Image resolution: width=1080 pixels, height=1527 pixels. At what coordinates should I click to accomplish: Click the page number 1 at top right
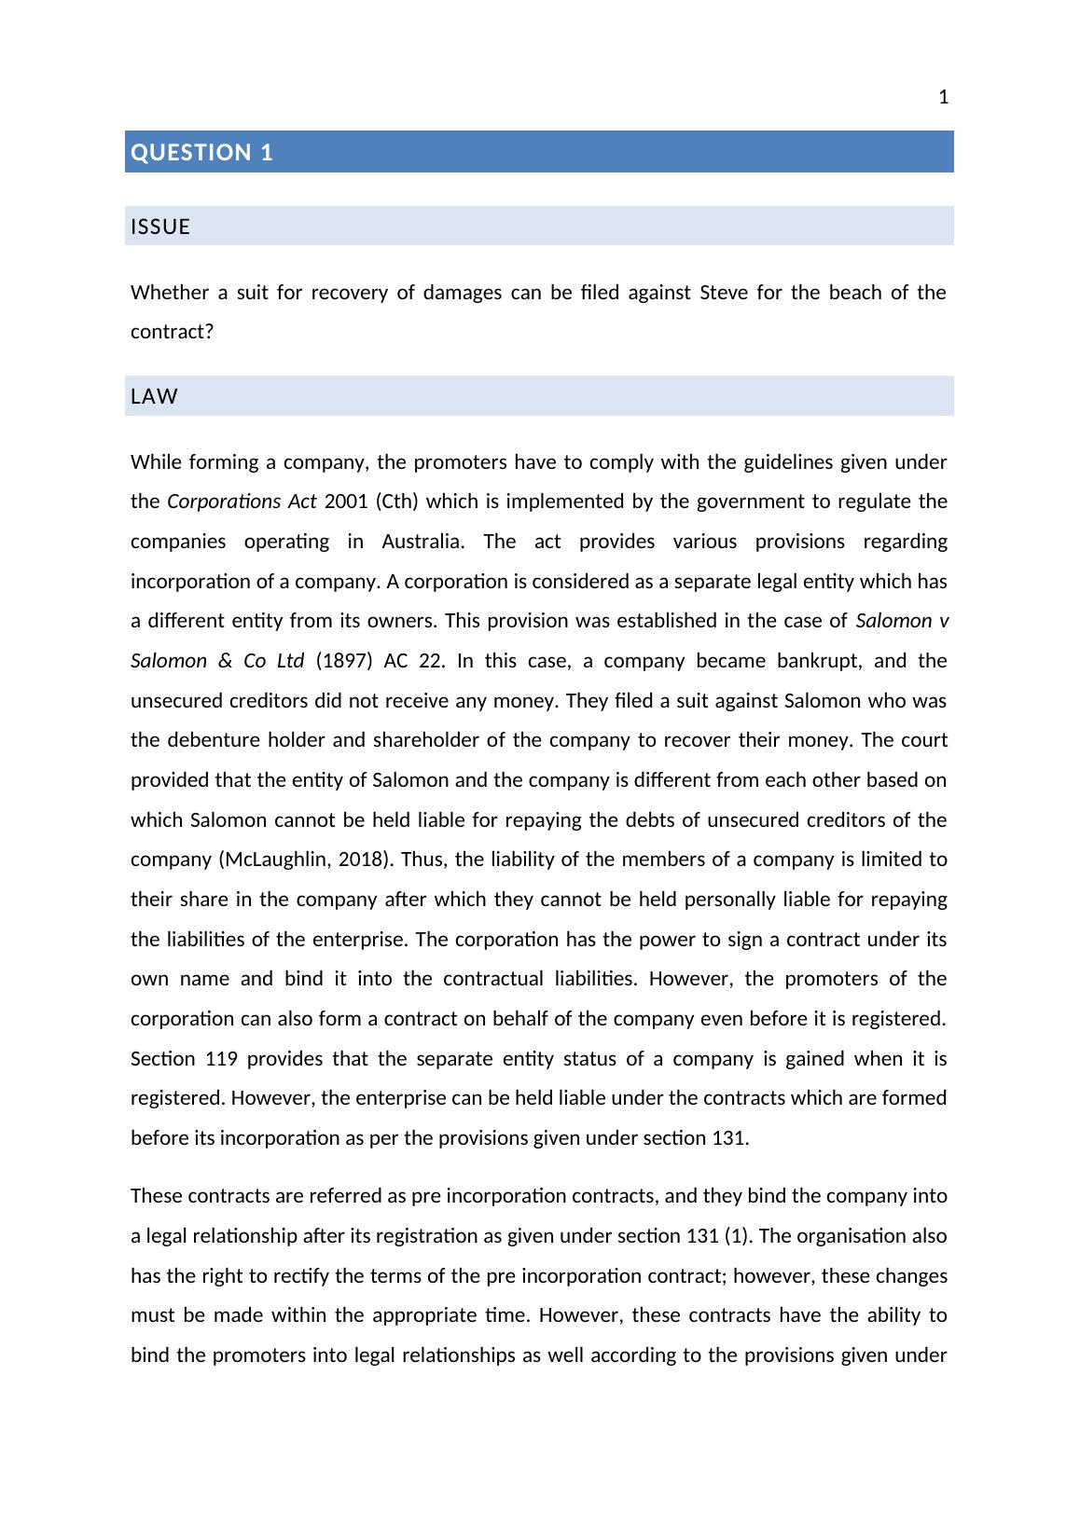point(943,97)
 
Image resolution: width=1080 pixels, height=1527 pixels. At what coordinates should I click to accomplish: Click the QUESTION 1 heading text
point(202,153)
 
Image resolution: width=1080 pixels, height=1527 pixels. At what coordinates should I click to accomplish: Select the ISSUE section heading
point(160,227)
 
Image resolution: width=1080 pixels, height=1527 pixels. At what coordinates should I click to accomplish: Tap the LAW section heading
point(154,396)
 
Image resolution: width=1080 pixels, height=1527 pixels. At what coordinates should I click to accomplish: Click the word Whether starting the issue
point(170,293)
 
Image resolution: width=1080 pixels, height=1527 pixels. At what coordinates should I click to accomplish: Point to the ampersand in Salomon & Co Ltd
point(225,661)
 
